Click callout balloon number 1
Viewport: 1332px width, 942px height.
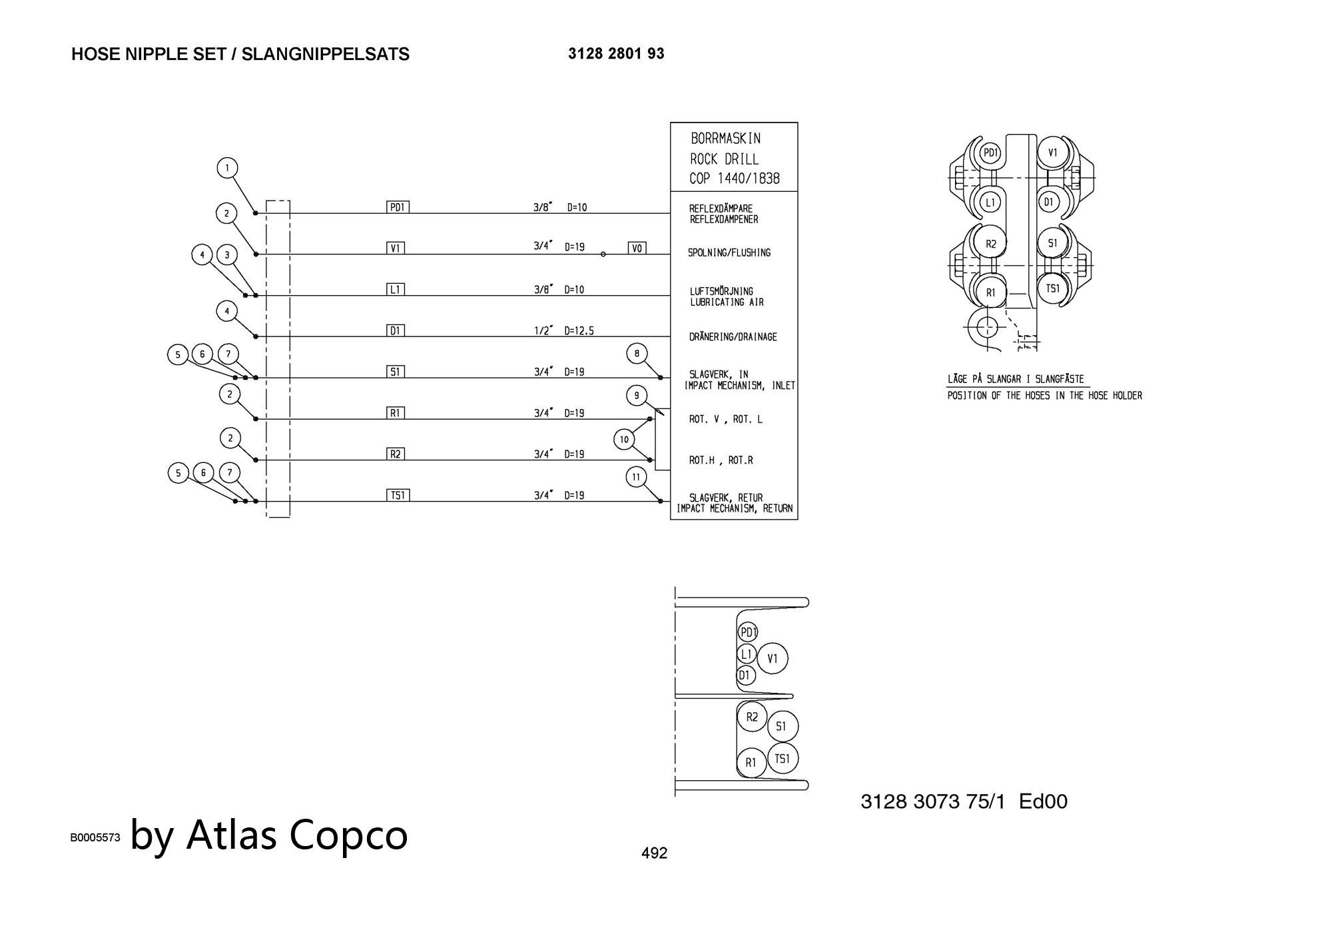click(228, 168)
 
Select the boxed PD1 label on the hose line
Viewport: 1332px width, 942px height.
click(398, 207)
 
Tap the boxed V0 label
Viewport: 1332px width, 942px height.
click(637, 248)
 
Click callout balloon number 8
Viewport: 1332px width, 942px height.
click(637, 354)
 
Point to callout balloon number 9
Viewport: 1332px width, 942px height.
click(637, 396)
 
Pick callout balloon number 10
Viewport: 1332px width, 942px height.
click(624, 440)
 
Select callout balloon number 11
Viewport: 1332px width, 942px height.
click(637, 477)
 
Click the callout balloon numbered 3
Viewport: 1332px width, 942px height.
click(227, 255)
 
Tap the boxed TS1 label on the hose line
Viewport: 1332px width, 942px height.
click(398, 495)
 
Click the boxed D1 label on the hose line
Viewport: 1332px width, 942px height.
click(396, 330)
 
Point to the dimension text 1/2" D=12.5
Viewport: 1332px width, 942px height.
click(563, 330)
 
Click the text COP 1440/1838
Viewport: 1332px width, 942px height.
click(735, 179)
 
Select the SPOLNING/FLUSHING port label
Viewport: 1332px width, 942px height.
click(729, 253)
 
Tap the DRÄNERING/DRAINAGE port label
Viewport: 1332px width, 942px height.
click(733, 337)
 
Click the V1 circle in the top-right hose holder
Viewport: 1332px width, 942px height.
click(1052, 153)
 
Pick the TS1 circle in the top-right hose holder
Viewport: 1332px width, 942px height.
click(1052, 289)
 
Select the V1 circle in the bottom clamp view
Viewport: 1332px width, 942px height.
click(773, 659)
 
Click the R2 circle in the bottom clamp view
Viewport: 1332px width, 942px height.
click(752, 717)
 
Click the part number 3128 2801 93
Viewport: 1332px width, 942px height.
click(616, 54)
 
